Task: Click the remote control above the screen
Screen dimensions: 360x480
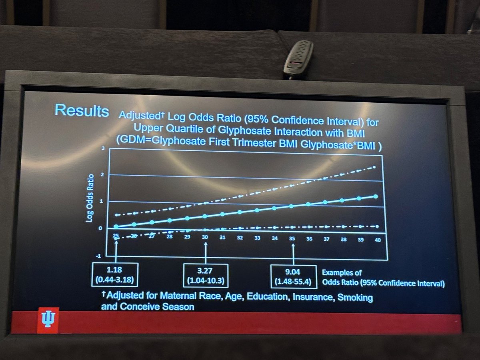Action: tap(298, 59)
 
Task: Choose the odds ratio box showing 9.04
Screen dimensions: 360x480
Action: tap(294, 276)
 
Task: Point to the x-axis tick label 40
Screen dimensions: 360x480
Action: tap(377, 239)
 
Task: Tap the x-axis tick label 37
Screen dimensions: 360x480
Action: tap(326, 239)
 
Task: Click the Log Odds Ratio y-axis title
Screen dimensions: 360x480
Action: tap(91, 197)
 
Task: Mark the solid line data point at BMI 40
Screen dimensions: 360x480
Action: tap(376, 196)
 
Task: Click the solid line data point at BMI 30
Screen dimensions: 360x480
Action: tap(205, 216)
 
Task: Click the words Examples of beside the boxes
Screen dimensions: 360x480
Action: tap(342, 273)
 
